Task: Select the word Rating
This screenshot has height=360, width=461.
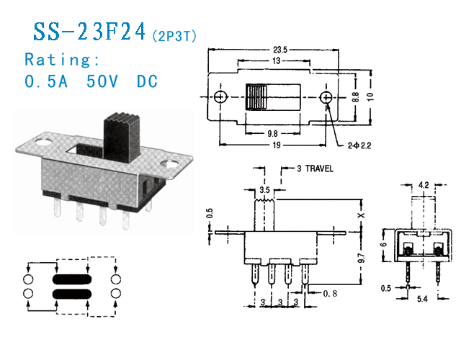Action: pos(62,59)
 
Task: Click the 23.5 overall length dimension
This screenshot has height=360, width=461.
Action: pos(280,50)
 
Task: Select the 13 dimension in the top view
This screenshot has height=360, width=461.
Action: pos(277,62)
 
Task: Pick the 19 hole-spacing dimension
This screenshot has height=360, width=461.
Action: pos(277,145)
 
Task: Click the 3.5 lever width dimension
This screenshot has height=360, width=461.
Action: pos(266,190)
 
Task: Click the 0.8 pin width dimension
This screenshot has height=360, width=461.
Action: pos(331,294)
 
